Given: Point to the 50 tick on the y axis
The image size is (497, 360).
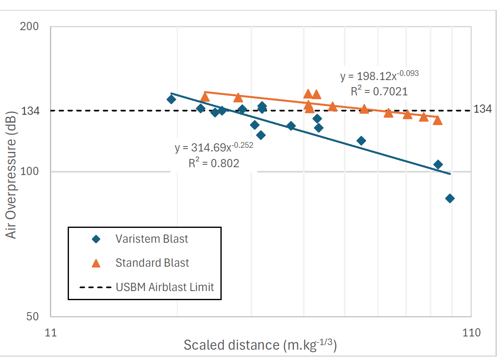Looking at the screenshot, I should click(x=32, y=317).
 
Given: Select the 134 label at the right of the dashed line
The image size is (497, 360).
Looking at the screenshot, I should click(x=482, y=109).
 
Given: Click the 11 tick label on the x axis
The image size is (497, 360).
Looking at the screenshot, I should click(x=50, y=332).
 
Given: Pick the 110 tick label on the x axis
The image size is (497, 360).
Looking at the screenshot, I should click(x=472, y=332).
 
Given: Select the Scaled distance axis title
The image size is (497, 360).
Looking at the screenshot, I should click(x=260, y=345).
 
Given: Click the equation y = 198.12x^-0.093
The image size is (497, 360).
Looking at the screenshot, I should click(x=379, y=76).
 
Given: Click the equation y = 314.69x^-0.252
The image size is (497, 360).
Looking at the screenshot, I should click(x=213, y=147).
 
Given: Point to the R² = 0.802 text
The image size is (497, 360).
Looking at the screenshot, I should click(x=213, y=163).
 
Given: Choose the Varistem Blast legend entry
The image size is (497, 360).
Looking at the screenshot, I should click(x=151, y=239).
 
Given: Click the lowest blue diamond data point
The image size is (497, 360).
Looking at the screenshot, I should click(x=450, y=199).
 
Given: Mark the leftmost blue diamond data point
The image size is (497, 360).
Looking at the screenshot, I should click(x=171, y=99).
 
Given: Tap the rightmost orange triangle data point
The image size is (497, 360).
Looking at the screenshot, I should click(x=438, y=120).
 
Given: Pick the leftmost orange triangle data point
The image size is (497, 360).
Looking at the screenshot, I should click(x=205, y=97).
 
